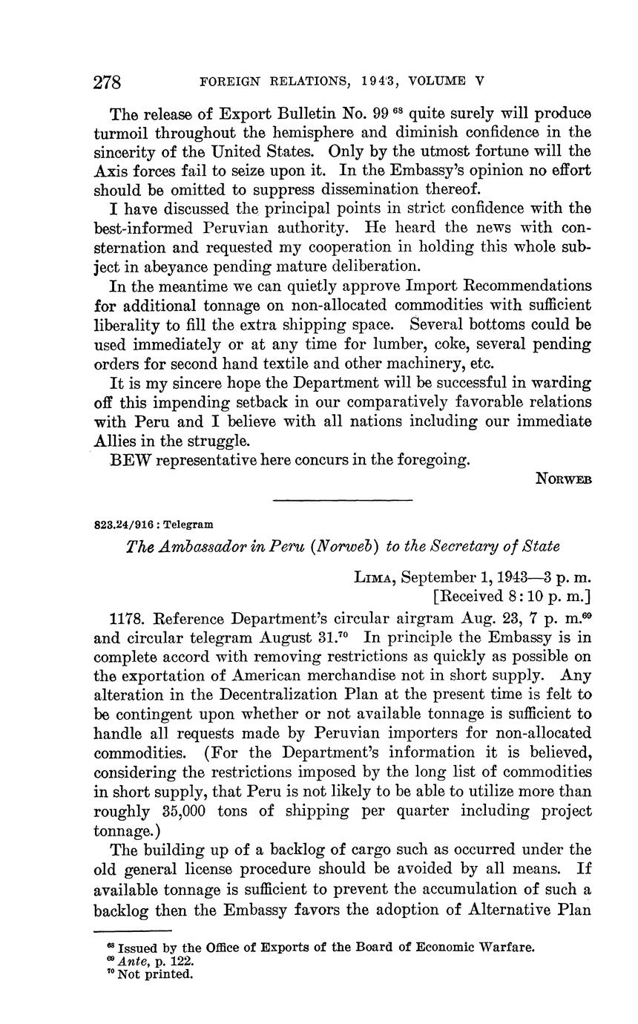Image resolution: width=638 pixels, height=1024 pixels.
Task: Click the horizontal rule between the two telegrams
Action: [x=342, y=499]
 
